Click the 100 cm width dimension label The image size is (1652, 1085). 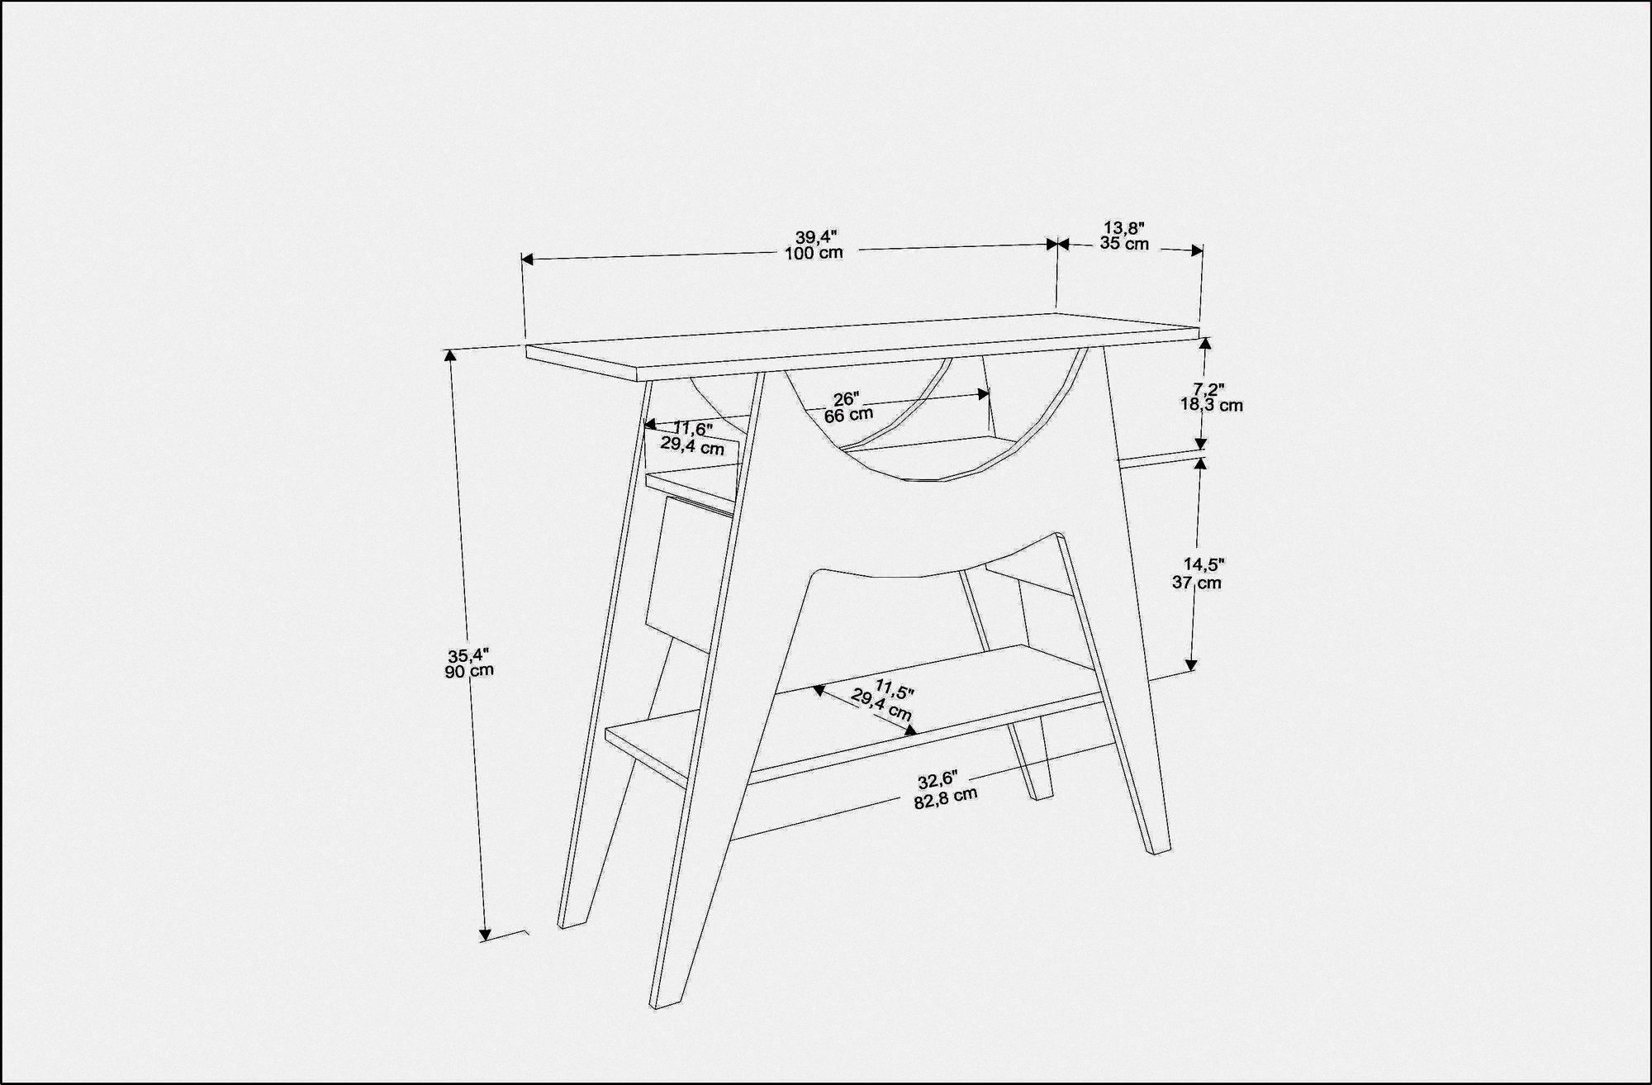coord(814,253)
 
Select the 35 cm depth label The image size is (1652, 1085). coord(1124,243)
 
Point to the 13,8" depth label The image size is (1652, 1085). coord(1124,227)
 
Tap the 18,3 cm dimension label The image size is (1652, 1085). coord(1212,405)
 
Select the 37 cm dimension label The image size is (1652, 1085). coord(1196,582)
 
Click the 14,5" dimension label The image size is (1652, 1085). coord(1203,565)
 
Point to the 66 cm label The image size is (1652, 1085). coord(848,415)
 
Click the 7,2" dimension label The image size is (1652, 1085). coord(1208,388)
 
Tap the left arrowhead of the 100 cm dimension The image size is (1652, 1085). coord(528,259)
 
